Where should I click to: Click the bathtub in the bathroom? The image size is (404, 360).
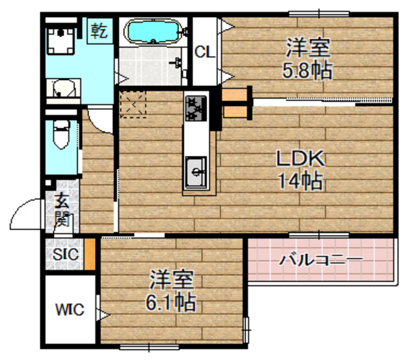[155, 32]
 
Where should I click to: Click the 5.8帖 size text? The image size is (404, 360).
[306, 68]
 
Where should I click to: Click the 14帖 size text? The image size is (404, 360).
[301, 181]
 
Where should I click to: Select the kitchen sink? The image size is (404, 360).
[197, 169]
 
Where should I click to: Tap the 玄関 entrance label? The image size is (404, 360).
[62, 211]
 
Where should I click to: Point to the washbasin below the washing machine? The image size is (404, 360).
[61, 89]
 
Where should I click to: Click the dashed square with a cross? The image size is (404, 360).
[133, 104]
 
